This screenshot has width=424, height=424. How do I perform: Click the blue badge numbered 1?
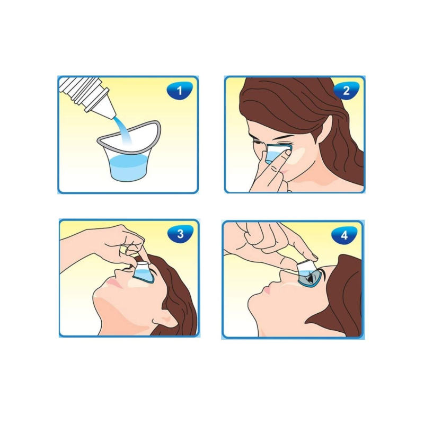(180, 91)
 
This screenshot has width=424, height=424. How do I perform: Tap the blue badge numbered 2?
(346, 91)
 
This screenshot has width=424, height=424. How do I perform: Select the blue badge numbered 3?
(180, 234)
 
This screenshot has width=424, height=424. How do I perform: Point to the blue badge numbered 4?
(344, 235)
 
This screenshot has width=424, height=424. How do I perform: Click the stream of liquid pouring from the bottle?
(125, 130)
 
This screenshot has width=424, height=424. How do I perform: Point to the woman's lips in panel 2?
(283, 172)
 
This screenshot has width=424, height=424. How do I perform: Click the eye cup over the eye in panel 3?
(143, 272)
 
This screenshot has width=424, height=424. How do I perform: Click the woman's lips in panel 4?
(267, 290)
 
